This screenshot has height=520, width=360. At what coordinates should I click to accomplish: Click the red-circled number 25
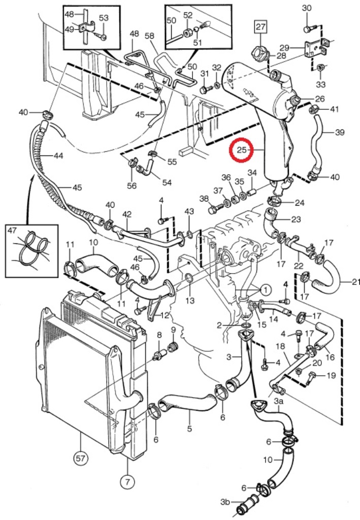(x=242, y=150)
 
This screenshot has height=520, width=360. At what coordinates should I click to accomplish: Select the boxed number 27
(x=260, y=26)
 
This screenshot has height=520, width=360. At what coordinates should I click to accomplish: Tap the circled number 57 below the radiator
(x=81, y=459)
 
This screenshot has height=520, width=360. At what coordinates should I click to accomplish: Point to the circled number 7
(x=128, y=481)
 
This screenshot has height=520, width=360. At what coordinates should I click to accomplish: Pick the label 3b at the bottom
(x=225, y=502)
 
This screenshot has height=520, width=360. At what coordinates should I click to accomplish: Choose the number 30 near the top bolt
(x=307, y=8)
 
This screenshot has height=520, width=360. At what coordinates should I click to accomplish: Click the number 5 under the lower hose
(x=189, y=429)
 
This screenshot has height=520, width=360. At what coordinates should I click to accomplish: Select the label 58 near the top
(x=149, y=36)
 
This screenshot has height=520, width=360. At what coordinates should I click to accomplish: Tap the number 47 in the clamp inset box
(x=12, y=230)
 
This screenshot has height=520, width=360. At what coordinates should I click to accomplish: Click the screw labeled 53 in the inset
(x=104, y=37)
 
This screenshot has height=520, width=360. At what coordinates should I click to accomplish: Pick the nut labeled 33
(x=320, y=68)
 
